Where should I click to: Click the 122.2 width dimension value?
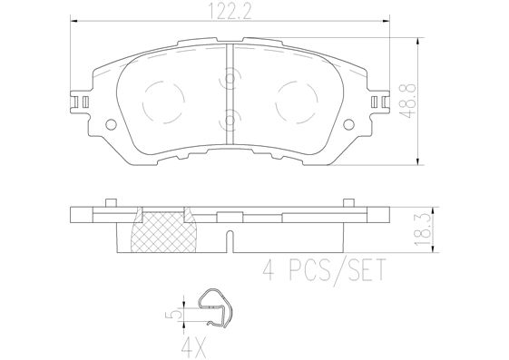(230, 12)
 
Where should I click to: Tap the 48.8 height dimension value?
(407, 102)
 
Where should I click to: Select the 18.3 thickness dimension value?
(422, 229)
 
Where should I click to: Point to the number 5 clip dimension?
(176, 315)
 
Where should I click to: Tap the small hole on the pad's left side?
(112, 124)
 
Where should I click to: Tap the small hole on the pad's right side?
(349, 124)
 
